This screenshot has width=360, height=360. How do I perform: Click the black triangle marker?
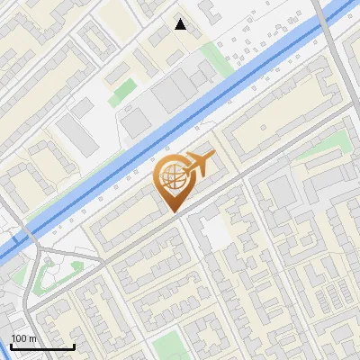click(x=181, y=24)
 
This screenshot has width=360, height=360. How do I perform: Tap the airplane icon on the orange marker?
click(x=198, y=164)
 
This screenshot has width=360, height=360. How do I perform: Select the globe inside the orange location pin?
click(x=171, y=179)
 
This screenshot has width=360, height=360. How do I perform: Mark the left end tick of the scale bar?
click(x=12, y=346)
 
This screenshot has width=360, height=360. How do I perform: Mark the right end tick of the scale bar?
click(x=74, y=346)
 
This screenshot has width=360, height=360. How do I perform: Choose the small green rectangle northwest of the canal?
click(x=124, y=91)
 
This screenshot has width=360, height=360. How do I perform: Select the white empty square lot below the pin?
click(x=216, y=234)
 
